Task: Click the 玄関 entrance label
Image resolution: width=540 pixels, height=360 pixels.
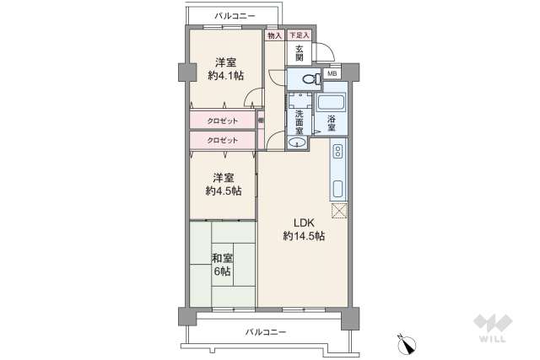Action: point(300,53)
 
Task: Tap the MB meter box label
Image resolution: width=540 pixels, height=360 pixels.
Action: point(332,73)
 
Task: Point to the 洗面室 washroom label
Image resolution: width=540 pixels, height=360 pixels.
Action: point(300,123)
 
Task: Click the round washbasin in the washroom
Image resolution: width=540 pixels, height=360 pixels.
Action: point(294,143)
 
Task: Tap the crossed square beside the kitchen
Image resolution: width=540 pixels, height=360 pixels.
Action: point(339,211)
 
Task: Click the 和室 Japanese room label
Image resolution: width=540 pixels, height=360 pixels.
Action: point(223,259)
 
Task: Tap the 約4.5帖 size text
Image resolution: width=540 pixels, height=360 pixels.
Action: point(224,191)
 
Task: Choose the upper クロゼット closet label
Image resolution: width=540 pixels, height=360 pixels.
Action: point(223,121)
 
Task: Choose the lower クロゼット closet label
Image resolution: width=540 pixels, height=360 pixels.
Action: point(223,140)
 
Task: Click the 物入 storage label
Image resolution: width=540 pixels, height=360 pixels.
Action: point(274,35)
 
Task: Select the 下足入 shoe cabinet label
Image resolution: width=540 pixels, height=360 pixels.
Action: point(299,35)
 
